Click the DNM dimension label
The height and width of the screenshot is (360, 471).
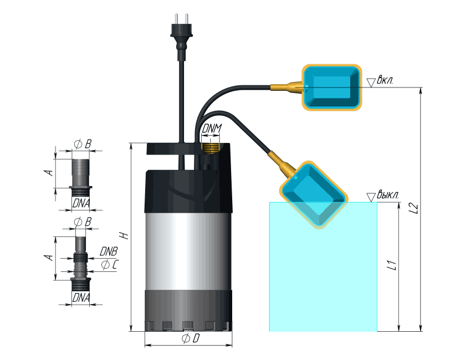pos(211,128)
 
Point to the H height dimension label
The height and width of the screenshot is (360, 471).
pos(126,235)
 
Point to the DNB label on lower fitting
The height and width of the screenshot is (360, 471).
pos(109,251)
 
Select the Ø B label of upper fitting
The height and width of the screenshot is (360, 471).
pos(82,143)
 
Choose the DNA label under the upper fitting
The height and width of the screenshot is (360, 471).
pos(81,204)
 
